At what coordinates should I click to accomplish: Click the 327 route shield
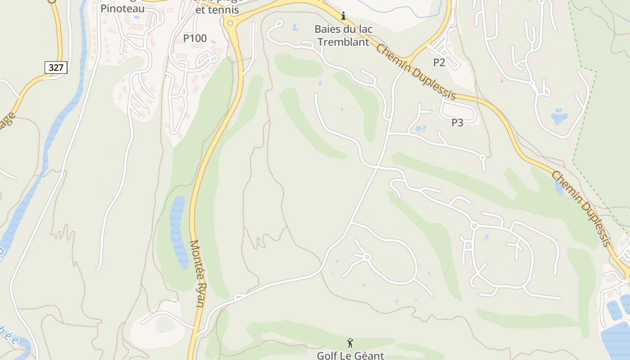[x=56, y=67]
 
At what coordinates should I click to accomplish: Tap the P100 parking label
[x=195, y=39]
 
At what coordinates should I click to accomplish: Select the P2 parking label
[x=439, y=63]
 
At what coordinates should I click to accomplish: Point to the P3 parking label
[x=457, y=122]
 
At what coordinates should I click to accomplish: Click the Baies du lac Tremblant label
[x=343, y=36]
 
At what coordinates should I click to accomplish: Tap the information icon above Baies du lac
[x=343, y=16]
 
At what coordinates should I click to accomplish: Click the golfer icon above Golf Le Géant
[x=350, y=343]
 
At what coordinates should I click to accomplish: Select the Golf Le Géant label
[x=350, y=355]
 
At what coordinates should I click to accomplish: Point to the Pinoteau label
[x=122, y=9]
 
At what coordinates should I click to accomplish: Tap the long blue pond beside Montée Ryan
[x=178, y=232]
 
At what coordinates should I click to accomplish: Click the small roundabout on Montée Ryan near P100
[x=230, y=22]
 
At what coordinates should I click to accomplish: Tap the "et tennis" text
[x=219, y=10]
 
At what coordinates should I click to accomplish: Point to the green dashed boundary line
[x=585, y=112]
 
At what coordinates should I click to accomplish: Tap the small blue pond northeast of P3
[x=559, y=117]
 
